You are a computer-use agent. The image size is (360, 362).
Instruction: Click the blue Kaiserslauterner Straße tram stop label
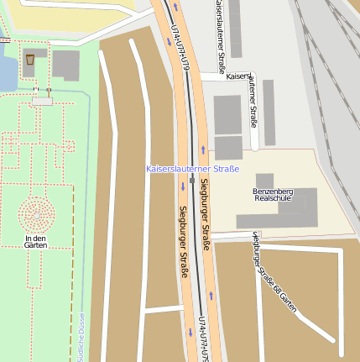(192, 169)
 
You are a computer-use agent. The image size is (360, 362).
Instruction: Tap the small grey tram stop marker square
(192, 179)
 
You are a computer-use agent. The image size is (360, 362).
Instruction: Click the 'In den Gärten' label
(35, 241)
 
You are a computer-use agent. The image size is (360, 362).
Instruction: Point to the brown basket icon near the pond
(30, 60)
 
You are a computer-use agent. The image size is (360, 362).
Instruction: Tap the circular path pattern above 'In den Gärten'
(35, 213)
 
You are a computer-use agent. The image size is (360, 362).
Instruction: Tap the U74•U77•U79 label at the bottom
(202, 340)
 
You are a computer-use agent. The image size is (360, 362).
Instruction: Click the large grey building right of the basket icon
(65, 66)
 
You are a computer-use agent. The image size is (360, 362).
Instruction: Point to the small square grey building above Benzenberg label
(264, 180)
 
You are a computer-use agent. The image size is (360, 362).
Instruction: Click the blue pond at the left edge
(7, 67)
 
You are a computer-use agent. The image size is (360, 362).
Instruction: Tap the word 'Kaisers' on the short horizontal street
(237, 76)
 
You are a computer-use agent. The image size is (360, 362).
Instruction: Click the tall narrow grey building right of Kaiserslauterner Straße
(269, 112)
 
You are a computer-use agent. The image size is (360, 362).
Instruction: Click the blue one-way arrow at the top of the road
(176, 7)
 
